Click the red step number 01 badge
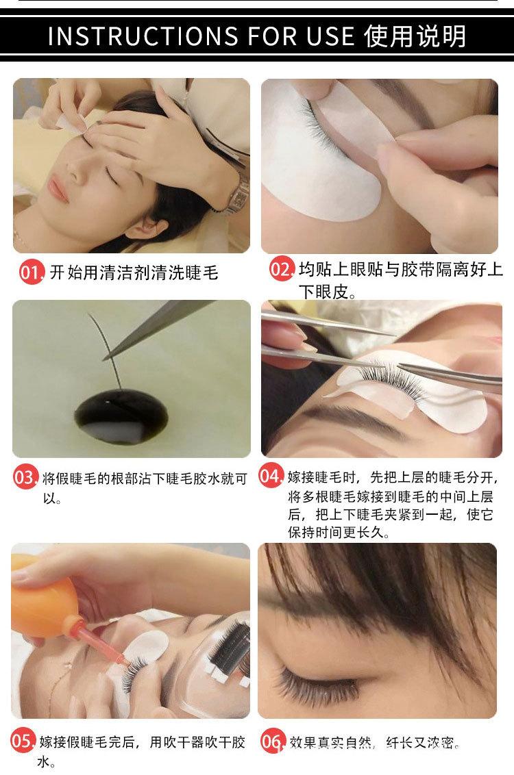(x=31, y=273)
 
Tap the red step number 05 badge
(x=23, y=741)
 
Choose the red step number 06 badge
(x=271, y=741)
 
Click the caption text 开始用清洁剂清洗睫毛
(x=134, y=273)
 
